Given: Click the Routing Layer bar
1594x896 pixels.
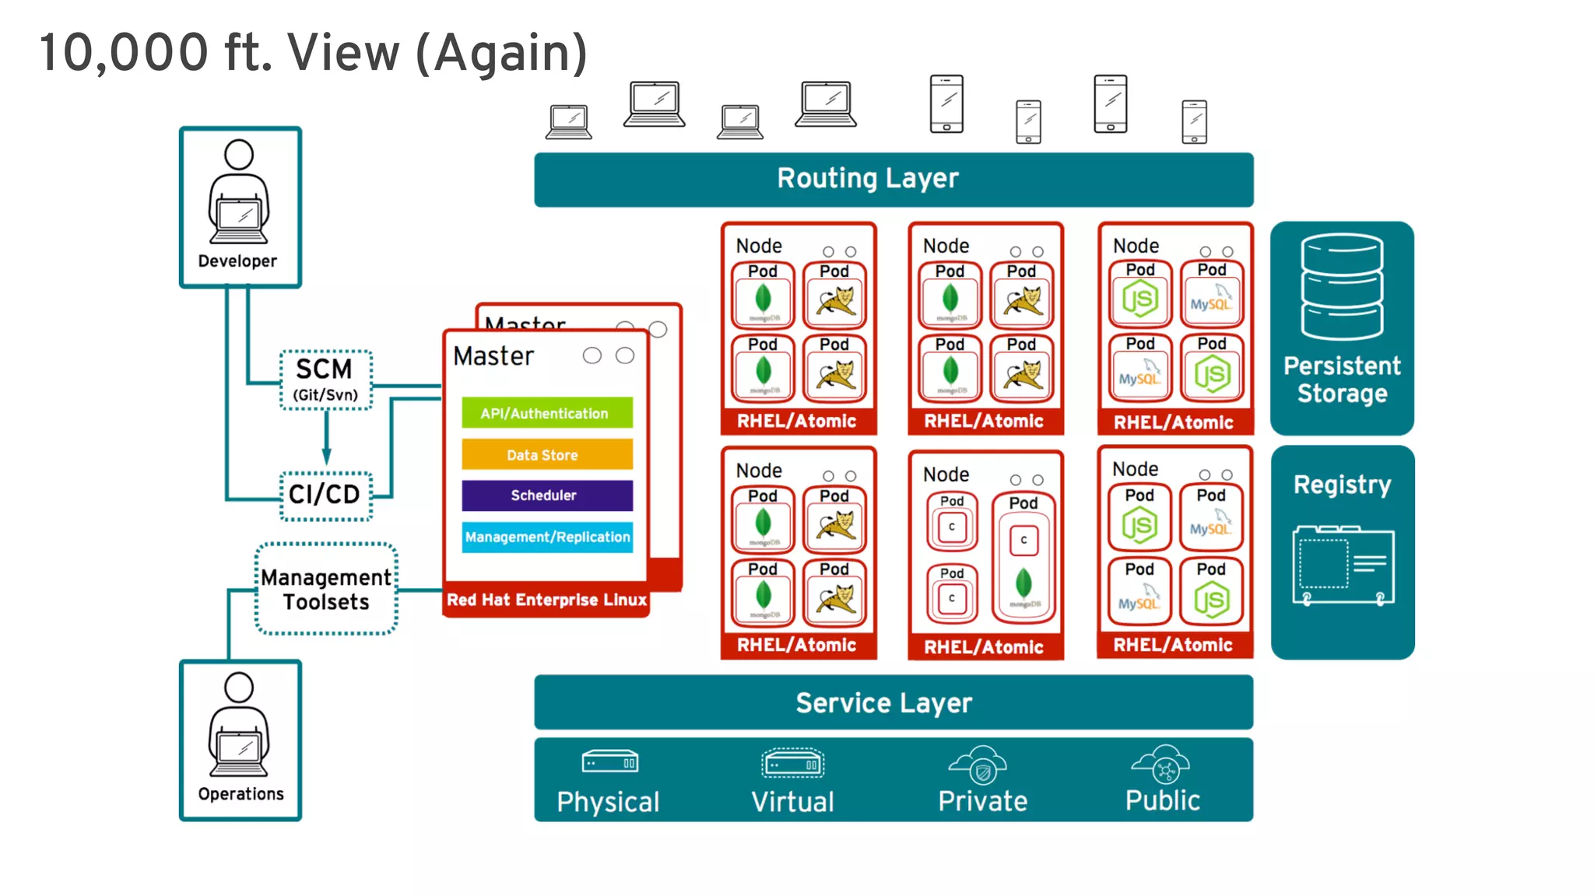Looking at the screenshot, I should pyautogui.click(x=894, y=180).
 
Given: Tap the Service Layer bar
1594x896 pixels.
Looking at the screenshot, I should pyautogui.click(x=894, y=702).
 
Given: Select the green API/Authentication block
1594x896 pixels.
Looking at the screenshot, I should pyautogui.click(x=546, y=413).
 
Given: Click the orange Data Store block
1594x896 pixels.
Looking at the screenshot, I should pyautogui.click(x=546, y=454).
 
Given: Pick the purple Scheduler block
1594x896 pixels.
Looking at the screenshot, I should pyautogui.click(x=546, y=495).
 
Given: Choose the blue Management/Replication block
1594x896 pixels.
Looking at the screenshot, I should pyautogui.click(x=546, y=537).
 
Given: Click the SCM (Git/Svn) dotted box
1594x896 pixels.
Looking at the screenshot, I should pyautogui.click(x=325, y=380).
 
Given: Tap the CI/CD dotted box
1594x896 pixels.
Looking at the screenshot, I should pyautogui.click(x=325, y=495).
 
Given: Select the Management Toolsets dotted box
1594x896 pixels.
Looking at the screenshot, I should pyautogui.click(x=326, y=589).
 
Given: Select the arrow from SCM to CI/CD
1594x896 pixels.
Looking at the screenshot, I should pyautogui.click(x=326, y=439).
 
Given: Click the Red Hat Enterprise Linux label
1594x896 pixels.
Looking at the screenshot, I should pyautogui.click(x=546, y=600).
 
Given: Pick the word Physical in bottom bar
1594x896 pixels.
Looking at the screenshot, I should pyautogui.click(x=608, y=802).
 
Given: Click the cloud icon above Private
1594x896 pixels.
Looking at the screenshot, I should pyautogui.click(x=979, y=765).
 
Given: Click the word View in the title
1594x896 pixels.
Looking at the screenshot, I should pyautogui.click(x=343, y=53).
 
